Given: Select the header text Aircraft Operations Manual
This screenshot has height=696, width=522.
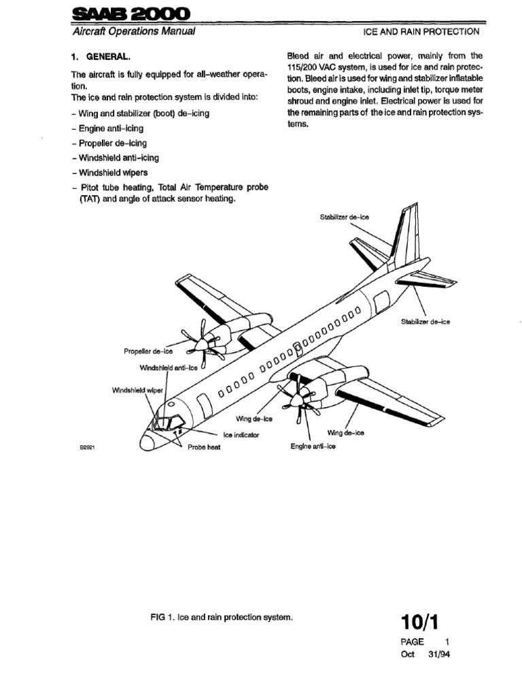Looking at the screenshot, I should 133,31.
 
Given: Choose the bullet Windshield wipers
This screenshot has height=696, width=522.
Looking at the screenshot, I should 111,173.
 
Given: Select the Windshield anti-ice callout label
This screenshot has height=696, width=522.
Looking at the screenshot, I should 168,368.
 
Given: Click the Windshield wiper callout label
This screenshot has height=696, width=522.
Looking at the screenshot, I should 138,391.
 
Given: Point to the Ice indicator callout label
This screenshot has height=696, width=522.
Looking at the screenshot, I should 241,434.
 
